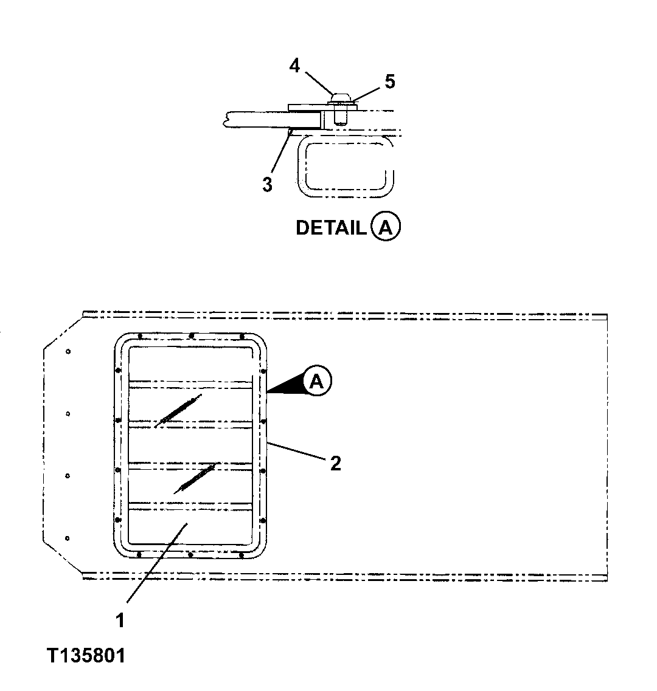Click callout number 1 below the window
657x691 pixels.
120,620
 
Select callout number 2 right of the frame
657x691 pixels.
335,464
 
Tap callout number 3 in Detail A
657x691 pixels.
268,184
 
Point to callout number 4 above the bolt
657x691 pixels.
294,66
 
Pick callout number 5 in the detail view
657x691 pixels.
389,81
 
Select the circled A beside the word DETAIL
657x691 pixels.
386,228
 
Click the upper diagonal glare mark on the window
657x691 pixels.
177,410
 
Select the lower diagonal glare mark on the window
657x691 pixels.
195,478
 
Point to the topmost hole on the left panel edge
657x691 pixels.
68,351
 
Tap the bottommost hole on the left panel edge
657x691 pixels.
68,538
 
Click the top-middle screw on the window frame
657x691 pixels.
192,335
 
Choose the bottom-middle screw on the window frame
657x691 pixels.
190,554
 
